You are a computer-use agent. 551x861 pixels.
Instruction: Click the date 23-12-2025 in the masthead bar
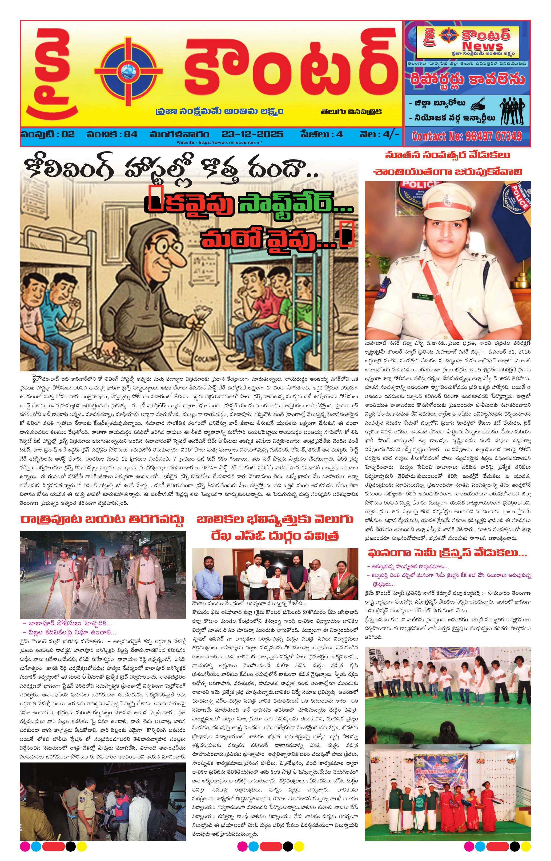[252, 134]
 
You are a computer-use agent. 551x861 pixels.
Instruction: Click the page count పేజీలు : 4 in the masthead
[321, 134]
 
